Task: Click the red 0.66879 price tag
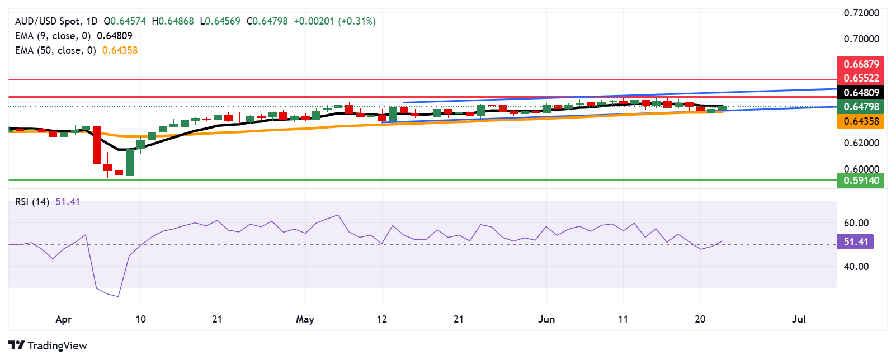click(861, 64)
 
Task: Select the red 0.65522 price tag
click(861, 78)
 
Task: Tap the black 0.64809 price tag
click(861, 93)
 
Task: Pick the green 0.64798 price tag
click(861, 107)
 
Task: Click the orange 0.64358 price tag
click(861, 121)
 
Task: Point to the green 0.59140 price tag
click(861, 181)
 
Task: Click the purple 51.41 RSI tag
click(855, 242)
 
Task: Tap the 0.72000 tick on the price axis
click(861, 13)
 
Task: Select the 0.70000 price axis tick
click(861, 39)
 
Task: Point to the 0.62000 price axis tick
click(861, 143)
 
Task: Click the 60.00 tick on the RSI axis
click(856, 223)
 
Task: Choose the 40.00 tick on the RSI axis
click(856, 267)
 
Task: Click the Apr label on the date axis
click(64, 319)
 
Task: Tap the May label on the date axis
click(305, 319)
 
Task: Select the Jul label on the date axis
click(799, 319)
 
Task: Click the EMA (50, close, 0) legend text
click(55, 50)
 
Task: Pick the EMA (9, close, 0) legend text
click(53, 36)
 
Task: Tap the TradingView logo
click(48, 345)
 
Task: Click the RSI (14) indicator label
click(32, 202)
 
